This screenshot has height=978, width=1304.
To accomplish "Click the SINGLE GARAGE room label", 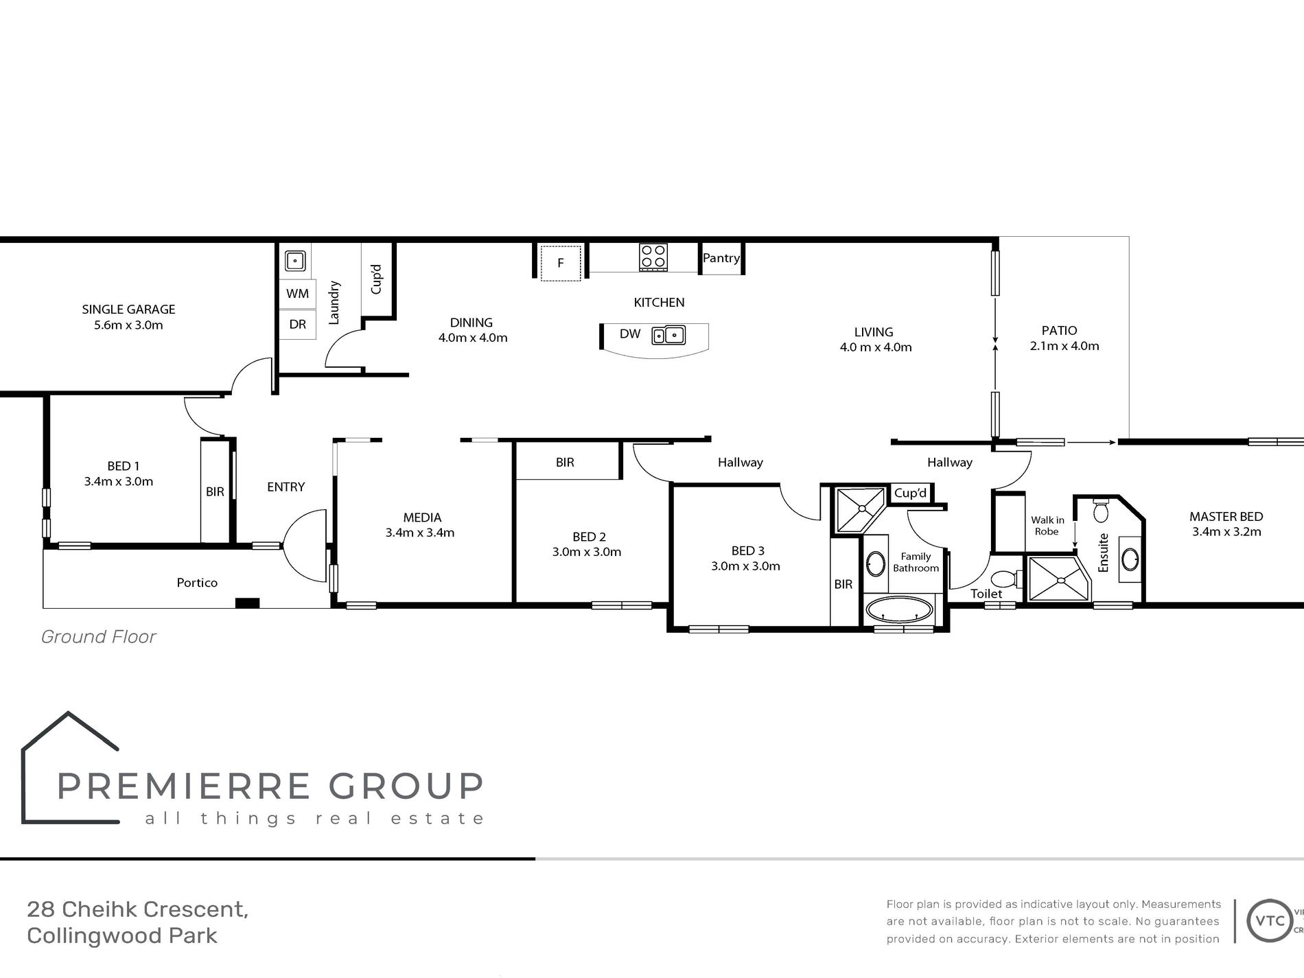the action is point(128,310).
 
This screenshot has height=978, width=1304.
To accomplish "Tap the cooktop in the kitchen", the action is point(653,257).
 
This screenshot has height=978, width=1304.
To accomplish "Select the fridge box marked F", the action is point(560,262).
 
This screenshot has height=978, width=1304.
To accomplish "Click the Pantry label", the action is point(721,258).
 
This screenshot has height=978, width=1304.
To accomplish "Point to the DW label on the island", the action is point(629,334).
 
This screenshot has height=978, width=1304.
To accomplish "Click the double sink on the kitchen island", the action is point(668,335).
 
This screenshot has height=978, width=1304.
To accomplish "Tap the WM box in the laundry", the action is point(297,294).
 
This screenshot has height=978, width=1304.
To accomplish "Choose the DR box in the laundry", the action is point(297,324).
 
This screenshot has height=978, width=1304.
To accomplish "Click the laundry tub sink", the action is point(295,261).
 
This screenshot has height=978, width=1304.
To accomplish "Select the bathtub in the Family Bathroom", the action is point(900,609).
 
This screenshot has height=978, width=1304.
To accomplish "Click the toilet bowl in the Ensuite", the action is point(1100,511).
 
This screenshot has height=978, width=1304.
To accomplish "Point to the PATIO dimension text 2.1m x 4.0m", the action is point(1064,346).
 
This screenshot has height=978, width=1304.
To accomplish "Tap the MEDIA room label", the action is point(422,517).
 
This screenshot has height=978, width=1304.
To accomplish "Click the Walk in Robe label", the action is point(1047,526).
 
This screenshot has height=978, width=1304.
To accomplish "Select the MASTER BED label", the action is point(1226,517).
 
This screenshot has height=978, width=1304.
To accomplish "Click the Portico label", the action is point(197,583).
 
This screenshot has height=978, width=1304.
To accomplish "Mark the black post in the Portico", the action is point(247,603).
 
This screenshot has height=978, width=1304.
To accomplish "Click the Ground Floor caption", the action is point(99,637).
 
